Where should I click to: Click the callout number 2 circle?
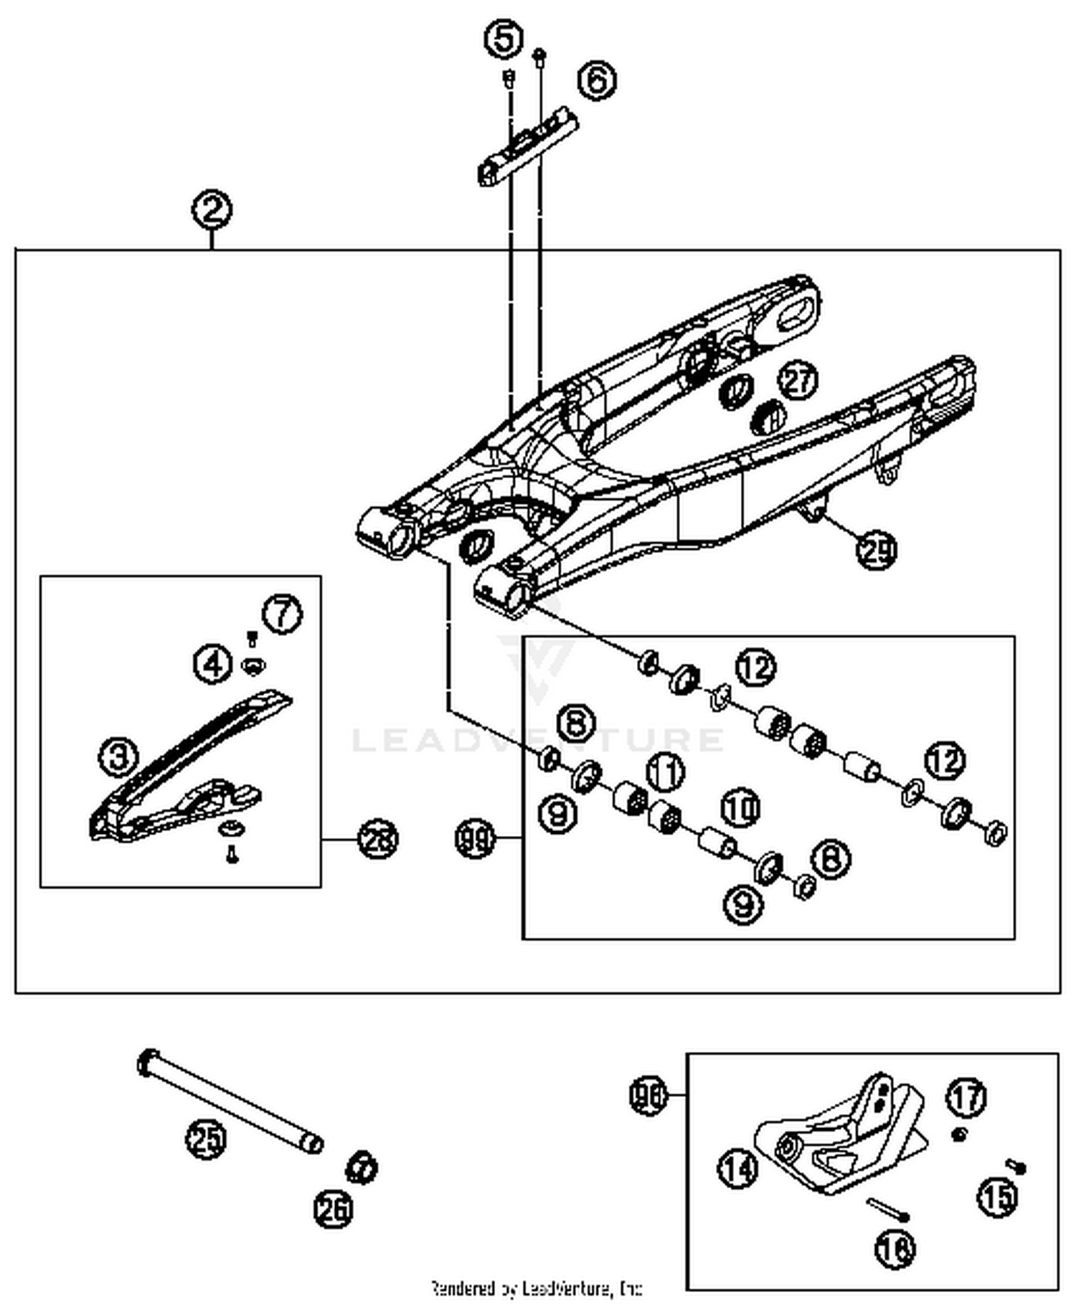[x=212, y=211]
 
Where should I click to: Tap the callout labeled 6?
[x=597, y=80]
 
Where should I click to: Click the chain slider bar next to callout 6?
[x=529, y=147]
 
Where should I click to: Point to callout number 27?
[x=798, y=380]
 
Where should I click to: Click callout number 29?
[x=877, y=550]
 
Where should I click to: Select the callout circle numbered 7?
[x=282, y=614]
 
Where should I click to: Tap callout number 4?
[x=213, y=664]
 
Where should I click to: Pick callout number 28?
[x=377, y=839]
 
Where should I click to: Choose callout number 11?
[x=666, y=772]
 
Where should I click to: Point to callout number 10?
[x=740, y=808]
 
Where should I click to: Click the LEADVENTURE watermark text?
[x=538, y=739]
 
